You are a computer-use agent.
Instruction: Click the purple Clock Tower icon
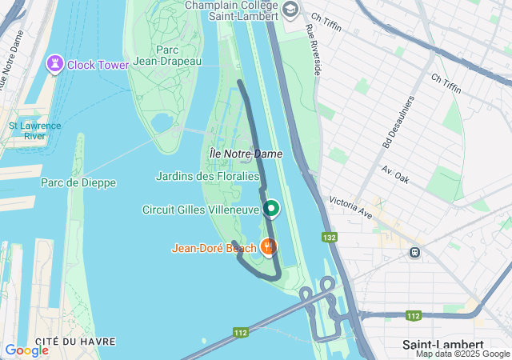(x=55, y=64)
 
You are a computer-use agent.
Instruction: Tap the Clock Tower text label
(x=98, y=65)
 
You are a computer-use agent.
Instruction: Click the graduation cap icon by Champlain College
(x=290, y=10)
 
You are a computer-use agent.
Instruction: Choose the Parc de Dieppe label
(x=78, y=182)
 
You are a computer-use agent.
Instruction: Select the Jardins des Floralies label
(x=208, y=176)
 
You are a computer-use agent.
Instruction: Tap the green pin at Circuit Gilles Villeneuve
(x=271, y=209)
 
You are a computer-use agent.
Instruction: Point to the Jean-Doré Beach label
(x=214, y=248)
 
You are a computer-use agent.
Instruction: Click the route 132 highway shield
(x=329, y=238)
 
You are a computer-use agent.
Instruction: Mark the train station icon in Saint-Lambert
(x=414, y=252)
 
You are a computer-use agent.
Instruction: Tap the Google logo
(x=26, y=350)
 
